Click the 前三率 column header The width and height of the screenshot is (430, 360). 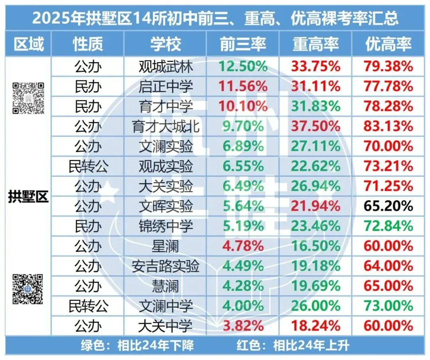pyautogui.click(x=243, y=44)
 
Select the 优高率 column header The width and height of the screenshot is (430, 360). pyautogui.click(x=388, y=44)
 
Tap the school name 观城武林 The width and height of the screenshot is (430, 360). pyautogui.click(x=166, y=67)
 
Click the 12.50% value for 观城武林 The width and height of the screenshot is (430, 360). pyautogui.click(x=243, y=67)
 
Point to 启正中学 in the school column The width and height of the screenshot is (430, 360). pyautogui.click(x=166, y=86)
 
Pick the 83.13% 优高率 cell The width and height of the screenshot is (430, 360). pyautogui.click(x=388, y=127)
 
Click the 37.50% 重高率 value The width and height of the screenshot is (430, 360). pyautogui.click(x=316, y=127)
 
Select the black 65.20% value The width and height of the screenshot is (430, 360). pyautogui.click(x=388, y=206)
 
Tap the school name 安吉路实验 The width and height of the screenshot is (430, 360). pyautogui.click(x=166, y=266)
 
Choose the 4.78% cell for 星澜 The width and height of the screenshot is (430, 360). pyautogui.click(x=243, y=246)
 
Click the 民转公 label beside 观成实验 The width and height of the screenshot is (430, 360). pyautogui.click(x=88, y=166)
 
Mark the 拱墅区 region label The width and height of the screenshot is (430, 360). pyautogui.click(x=28, y=197)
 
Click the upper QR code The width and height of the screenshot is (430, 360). pyautogui.click(x=28, y=98)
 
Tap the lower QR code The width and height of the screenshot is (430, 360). pyautogui.click(x=27, y=289)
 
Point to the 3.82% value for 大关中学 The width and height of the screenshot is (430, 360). pyautogui.click(x=243, y=326)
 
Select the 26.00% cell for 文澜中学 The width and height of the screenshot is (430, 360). pyautogui.click(x=316, y=306)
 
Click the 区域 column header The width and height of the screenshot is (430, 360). pyautogui.click(x=28, y=44)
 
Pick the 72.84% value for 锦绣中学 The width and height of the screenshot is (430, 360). pyautogui.click(x=388, y=226)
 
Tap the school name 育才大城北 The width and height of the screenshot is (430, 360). pyautogui.click(x=166, y=127)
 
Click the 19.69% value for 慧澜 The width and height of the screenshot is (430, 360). pyautogui.click(x=316, y=286)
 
